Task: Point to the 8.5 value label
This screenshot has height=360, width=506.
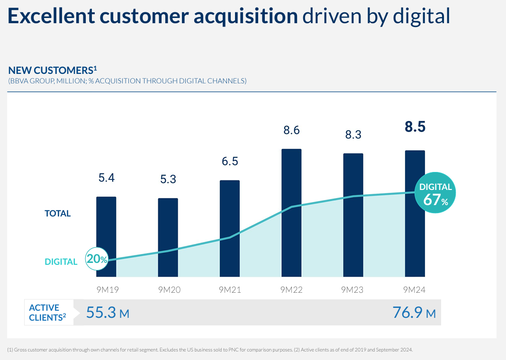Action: (415, 127)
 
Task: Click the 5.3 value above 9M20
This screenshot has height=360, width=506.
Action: (168, 180)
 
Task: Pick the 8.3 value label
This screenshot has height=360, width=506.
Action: (353, 135)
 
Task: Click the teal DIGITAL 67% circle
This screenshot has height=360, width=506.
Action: (435, 193)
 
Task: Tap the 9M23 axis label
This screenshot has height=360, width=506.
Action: (353, 290)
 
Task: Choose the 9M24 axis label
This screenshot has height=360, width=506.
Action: (415, 290)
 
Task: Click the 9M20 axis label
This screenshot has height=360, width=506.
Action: (168, 290)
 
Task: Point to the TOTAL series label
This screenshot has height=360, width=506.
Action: (57, 214)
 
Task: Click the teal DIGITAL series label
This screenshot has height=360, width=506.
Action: (61, 262)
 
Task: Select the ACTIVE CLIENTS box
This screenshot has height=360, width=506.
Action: (49, 313)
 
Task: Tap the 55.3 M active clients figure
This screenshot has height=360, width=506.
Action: (108, 313)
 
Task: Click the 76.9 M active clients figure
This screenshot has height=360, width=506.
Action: (414, 313)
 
